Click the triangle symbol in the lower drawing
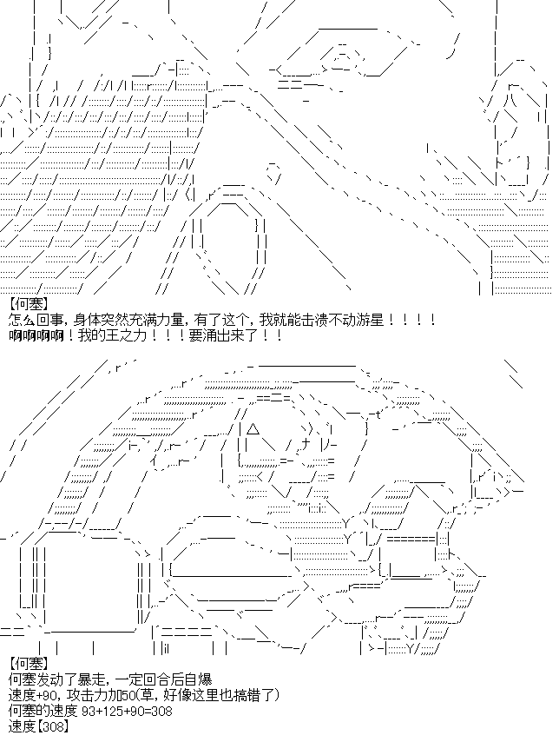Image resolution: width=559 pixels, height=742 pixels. [x=253, y=429]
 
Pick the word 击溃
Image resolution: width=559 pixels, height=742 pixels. [x=315, y=321]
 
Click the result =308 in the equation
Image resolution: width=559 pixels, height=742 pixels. [x=159, y=711]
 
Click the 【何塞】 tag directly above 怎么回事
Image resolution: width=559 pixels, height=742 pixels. [x=29, y=304]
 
